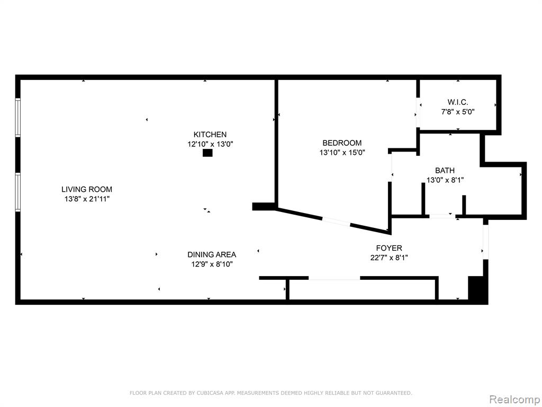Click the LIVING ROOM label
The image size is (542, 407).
(87, 189)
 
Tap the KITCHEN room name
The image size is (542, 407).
(210, 135)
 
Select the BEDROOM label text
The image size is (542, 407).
(342, 143)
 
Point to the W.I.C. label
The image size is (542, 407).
(458, 102)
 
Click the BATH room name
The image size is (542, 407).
(445, 171)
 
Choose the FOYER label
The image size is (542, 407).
(389, 248)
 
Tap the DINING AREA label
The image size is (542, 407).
(212, 255)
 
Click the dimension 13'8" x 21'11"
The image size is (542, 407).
(87, 199)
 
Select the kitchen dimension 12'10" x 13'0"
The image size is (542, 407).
(210, 144)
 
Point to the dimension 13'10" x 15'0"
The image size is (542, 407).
(342, 153)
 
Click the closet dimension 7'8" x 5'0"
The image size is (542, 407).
(458, 112)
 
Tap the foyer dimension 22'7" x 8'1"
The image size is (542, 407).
(389, 258)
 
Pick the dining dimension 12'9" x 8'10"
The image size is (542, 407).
(212, 264)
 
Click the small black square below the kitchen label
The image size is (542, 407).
(207, 153)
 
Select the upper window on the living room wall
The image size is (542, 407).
(18, 117)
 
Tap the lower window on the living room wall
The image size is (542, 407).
(18, 192)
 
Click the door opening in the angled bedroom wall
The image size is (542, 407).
(336, 221)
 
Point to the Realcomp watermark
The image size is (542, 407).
(514, 399)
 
